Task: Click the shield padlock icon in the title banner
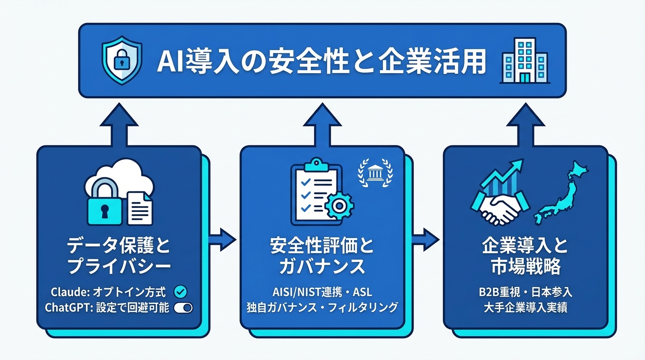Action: point(121,61)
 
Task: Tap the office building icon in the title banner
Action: point(524,61)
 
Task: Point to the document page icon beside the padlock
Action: point(139,206)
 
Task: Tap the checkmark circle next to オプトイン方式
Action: point(180,292)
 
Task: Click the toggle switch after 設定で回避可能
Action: point(183,308)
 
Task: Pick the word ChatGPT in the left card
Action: point(64,308)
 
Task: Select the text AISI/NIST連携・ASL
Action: point(322,292)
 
